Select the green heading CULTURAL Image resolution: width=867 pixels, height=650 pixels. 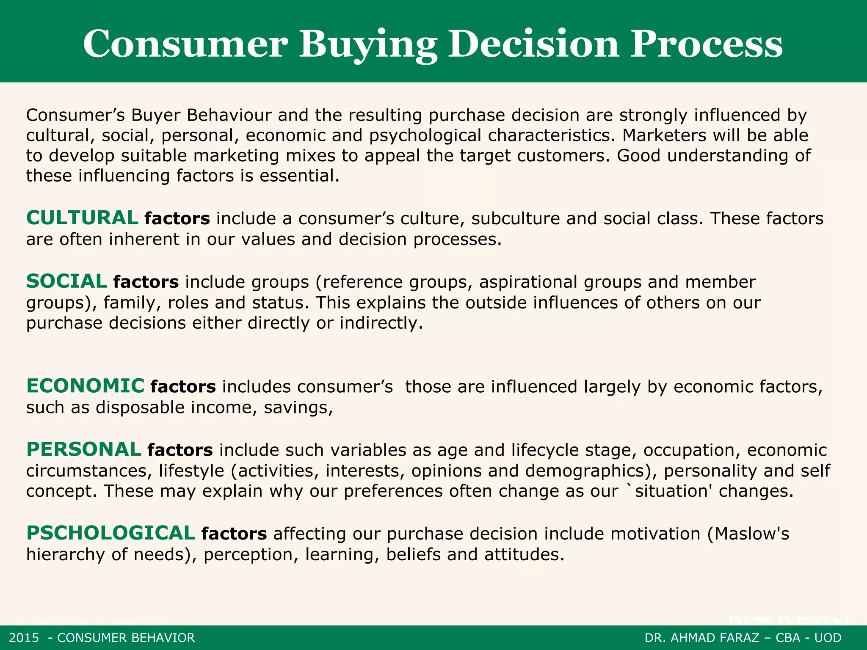82,218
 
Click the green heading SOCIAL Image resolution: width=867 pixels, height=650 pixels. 66,281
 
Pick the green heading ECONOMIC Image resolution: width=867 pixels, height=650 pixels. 86,386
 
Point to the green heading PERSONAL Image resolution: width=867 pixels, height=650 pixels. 84,449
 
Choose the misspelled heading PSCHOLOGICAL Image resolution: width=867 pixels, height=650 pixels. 110,533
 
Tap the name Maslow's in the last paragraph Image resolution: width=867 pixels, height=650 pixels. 752,534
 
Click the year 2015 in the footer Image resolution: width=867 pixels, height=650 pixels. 24,638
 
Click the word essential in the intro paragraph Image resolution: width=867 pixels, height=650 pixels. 299,176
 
